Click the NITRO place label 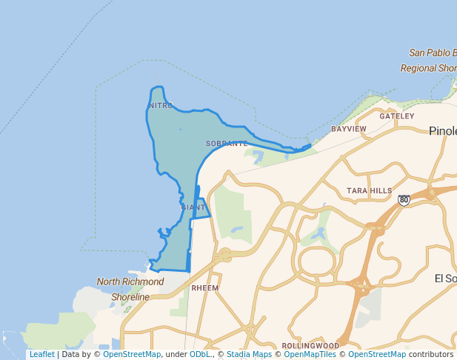click(161, 106)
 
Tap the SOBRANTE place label click(227, 144)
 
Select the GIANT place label click(193, 207)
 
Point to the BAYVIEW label click(349, 129)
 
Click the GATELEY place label click(397, 116)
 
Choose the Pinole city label click(442, 131)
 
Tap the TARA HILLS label click(369, 191)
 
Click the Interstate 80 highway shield click(404, 200)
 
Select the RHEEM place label click(204, 287)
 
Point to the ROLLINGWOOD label click(310, 346)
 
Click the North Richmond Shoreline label click(130, 290)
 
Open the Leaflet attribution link click(41, 355)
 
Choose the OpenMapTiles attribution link click(310, 355)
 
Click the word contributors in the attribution click(431, 355)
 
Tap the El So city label click(445, 279)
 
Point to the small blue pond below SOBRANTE click(258, 157)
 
